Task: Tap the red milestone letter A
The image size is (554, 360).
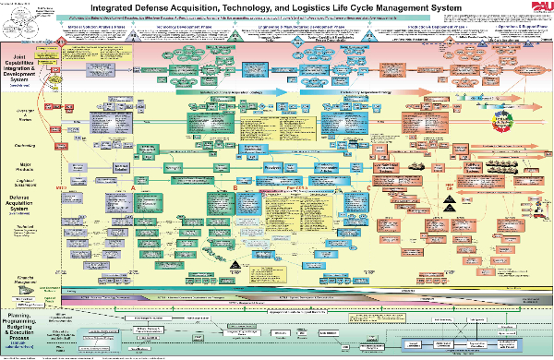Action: tap(135, 188)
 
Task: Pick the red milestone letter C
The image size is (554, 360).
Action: tap(369, 188)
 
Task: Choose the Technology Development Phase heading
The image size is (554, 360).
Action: tap(175, 29)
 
